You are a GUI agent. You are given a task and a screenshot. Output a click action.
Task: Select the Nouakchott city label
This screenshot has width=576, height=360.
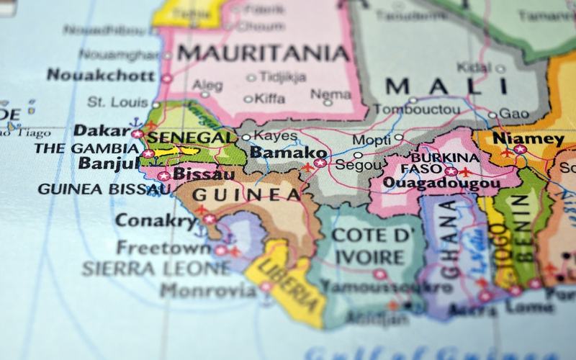point(100,75)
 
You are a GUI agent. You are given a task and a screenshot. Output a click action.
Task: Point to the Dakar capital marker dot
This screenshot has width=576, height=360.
point(137,133)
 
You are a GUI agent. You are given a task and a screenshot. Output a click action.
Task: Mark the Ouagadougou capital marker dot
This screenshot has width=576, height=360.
point(451,171)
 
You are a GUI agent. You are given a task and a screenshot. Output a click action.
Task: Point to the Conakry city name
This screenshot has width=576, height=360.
point(156,220)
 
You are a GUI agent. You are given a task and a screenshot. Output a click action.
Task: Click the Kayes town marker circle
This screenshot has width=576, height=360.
point(246,137)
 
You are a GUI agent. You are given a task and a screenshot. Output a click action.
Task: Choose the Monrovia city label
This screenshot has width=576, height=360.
point(207,291)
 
